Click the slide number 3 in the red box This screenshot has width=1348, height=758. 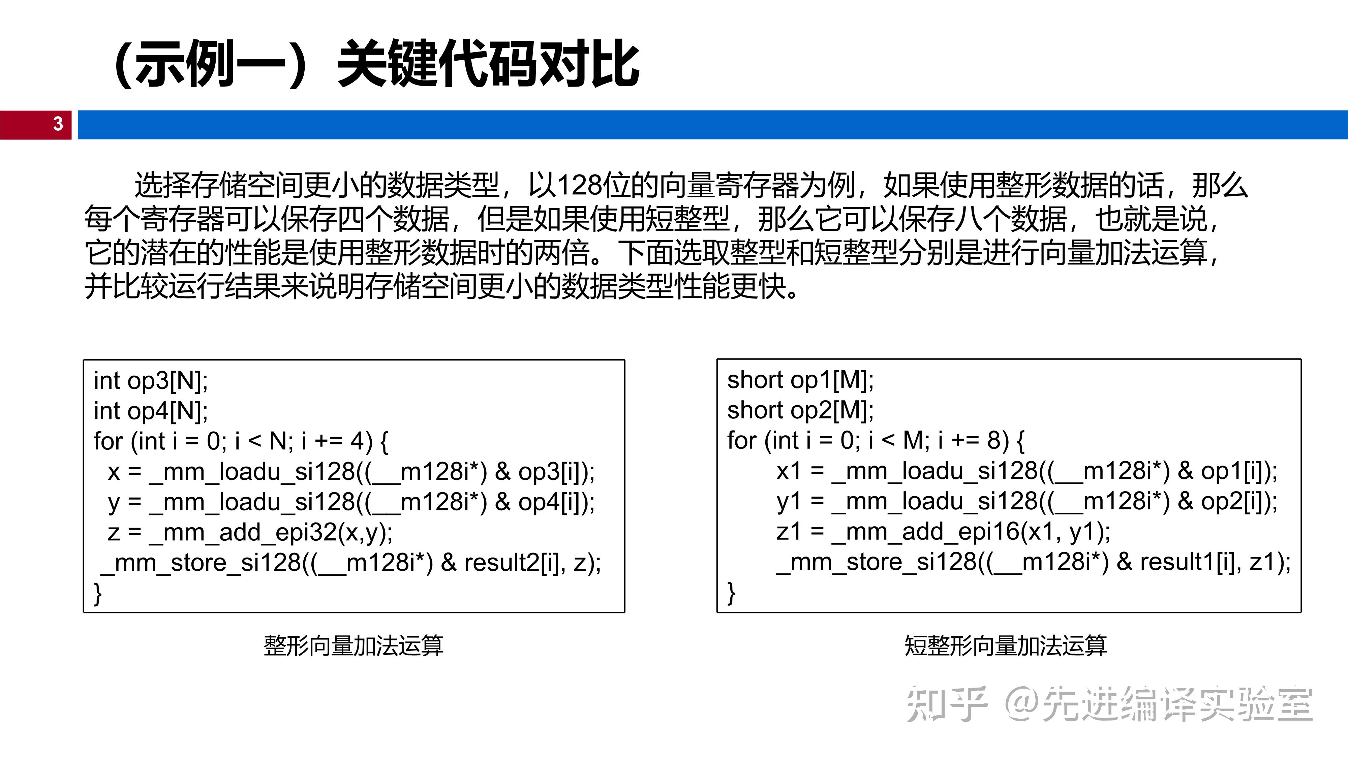pyautogui.click(x=58, y=124)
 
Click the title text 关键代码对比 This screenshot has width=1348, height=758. pyautogui.click(x=489, y=64)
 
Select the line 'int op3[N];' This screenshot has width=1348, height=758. pyautogui.click(x=151, y=381)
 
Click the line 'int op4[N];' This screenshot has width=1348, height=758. pyautogui.click(x=151, y=411)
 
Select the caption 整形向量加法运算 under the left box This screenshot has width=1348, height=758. pyautogui.click(x=354, y=645)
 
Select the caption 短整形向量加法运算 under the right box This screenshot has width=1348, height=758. pyautogui.click(x=1006, y=645)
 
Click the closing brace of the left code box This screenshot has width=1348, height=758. pyautogui.click(x=98, y=594)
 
